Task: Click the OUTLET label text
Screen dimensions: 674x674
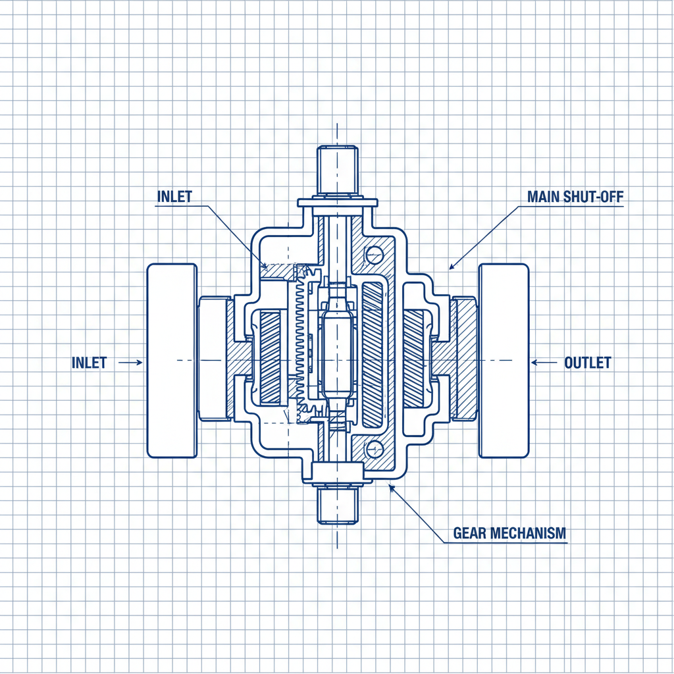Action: coord(588,363)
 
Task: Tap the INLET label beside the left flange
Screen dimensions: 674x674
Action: coord(89,363)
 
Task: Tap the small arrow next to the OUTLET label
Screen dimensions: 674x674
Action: coord(542,362)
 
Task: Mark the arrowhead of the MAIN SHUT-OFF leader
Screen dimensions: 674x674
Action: coord(452,267)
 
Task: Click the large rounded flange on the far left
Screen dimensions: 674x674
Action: coord(172,361)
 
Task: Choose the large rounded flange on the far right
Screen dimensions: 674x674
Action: coord(504,361)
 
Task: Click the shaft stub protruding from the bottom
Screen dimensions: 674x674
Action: coord(337,505)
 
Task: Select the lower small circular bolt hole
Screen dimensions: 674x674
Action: coord(374,449)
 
